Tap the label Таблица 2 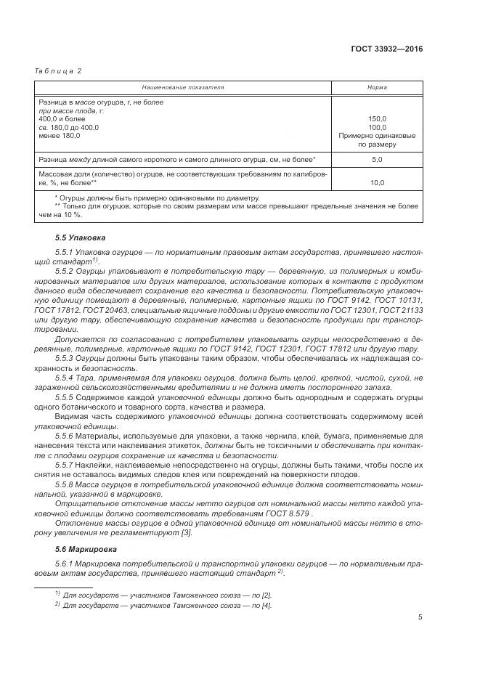pos(59,70)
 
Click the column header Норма pos(377,87)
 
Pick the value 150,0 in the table pos(377,118)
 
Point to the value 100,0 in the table pos(377,127)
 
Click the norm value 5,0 pos(377,158)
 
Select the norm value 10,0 pos(377,182)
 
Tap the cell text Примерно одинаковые pos(377,136)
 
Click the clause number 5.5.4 pos(65,378)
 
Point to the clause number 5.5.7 pos(65,463)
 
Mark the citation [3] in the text pos(186,534)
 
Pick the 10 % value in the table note pos(71,215)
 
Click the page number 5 pos(420,617)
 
